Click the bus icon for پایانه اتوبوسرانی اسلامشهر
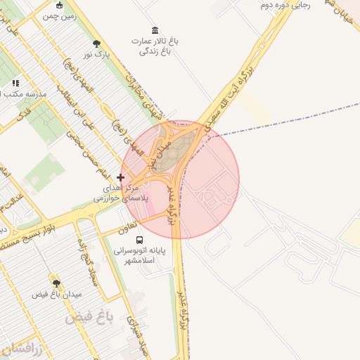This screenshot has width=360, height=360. click(x=139, y=238)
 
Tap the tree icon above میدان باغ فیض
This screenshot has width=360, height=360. click(x=56, y=283)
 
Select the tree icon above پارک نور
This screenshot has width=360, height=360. click(x=96, y=44)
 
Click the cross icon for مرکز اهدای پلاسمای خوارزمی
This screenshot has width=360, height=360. click(x=121, y=177)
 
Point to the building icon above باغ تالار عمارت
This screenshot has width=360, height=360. click(x=155, y=30)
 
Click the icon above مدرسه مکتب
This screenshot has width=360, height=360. click(x=16, y=83)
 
